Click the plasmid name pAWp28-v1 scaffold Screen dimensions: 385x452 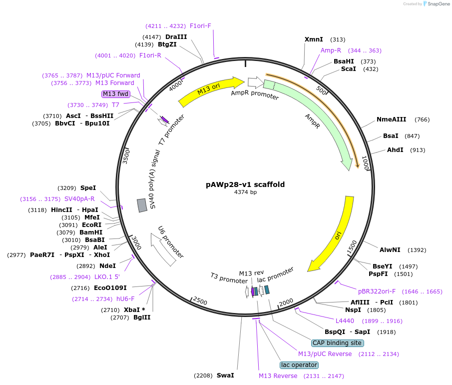tap(245, 184)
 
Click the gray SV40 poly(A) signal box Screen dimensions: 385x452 tap(142, 205)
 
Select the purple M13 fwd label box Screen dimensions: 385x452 tap(116, 94)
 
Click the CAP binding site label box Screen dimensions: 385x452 tap(337, 343)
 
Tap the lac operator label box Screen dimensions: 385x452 tap(299, 365)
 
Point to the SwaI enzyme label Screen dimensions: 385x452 tap(225, 375)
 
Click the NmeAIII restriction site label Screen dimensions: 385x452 tap(392, 119)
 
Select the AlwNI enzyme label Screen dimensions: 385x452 tap(390, 250)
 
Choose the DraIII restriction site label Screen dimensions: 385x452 tap(176, 37)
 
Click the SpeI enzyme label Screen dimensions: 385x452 tap(88, 188)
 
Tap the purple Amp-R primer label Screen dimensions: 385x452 tap(331, 50)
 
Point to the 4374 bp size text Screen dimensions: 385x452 tap(245, 192)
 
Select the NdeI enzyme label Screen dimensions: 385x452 tap(107, 266)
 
